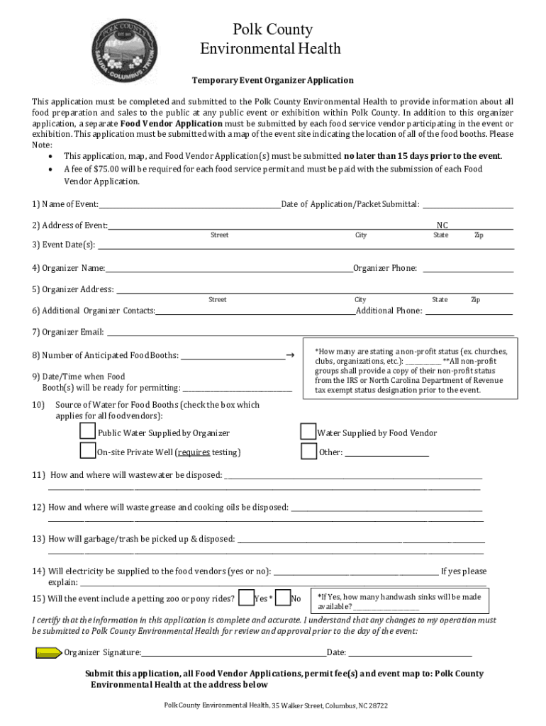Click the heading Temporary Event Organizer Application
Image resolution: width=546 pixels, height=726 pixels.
pyautogui.click(x=272, y=80)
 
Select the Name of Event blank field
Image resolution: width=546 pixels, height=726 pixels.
pyautogui.click(x=189, y=206)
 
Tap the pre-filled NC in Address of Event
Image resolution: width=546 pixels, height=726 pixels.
pyautogui.click(x=442, y=225)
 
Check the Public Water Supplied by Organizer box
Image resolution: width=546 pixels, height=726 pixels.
pyautogui.click(x=87, y=432)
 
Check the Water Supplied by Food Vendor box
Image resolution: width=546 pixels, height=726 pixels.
pyautogui.click(x=308, y=432)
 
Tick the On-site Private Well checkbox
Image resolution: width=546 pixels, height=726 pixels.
pyautogui.click(x=87, y=451)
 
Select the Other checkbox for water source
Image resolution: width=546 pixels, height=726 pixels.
pyautogui.click(x=308, y=451)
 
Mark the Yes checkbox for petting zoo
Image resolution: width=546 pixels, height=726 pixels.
pyautogui.click(x=247, y=598)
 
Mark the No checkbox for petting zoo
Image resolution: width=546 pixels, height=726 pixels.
pyautogui.click(x=282, y=598)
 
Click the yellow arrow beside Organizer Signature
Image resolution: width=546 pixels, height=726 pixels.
pyautogui.click(x=48, y=652)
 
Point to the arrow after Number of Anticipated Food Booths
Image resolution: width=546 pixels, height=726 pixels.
pyautogui.click(x=289, y=354)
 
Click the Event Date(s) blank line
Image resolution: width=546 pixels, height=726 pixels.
pyautogui.click(x=305, y=246)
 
